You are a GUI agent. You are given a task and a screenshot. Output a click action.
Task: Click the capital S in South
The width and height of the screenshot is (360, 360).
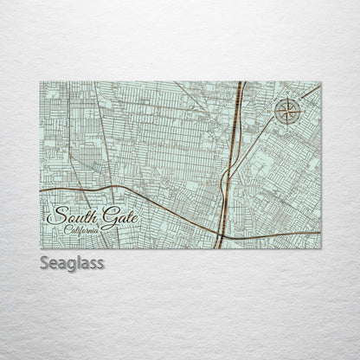coord(57,215)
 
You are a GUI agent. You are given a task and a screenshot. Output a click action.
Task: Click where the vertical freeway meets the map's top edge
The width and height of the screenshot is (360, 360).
coord(239,82)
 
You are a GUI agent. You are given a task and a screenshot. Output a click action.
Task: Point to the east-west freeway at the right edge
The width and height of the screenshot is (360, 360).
coord(319,234)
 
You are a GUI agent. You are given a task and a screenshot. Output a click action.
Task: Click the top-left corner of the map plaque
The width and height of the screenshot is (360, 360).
coord(41,82)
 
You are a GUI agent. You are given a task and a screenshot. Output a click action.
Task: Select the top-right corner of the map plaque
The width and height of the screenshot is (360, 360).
coord(320,82)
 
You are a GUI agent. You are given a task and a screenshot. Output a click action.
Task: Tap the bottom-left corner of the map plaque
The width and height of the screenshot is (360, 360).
coord(41,248)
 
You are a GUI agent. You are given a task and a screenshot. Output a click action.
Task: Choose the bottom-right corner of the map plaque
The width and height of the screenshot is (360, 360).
coord(320,248)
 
